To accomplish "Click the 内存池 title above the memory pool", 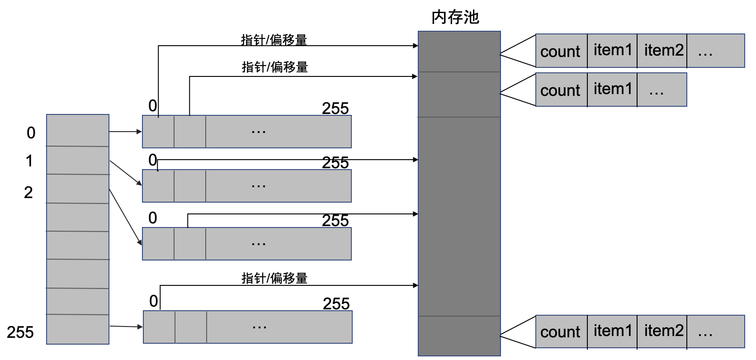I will (455, 17).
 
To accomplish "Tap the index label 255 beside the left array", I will (20, 332).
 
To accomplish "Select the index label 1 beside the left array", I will (29, 161).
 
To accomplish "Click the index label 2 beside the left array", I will (28, 193).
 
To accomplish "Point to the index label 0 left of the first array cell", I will (31, 133).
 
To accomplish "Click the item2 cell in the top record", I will (663, 50).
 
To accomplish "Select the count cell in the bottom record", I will (560, 332).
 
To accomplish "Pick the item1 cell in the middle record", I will (612, 89).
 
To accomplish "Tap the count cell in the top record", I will (560, 51).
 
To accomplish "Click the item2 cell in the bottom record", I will (663, 331).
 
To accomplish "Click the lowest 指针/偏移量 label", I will (274, 278).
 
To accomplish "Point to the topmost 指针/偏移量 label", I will (274, 40).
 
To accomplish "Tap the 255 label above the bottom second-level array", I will (336, 303).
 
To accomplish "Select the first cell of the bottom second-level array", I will (159, 327).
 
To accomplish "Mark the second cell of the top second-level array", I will (190, 132).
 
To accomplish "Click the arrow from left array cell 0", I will (126, 132).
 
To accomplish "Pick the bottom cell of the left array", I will (78, 329).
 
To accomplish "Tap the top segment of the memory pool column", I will (459, 52).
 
